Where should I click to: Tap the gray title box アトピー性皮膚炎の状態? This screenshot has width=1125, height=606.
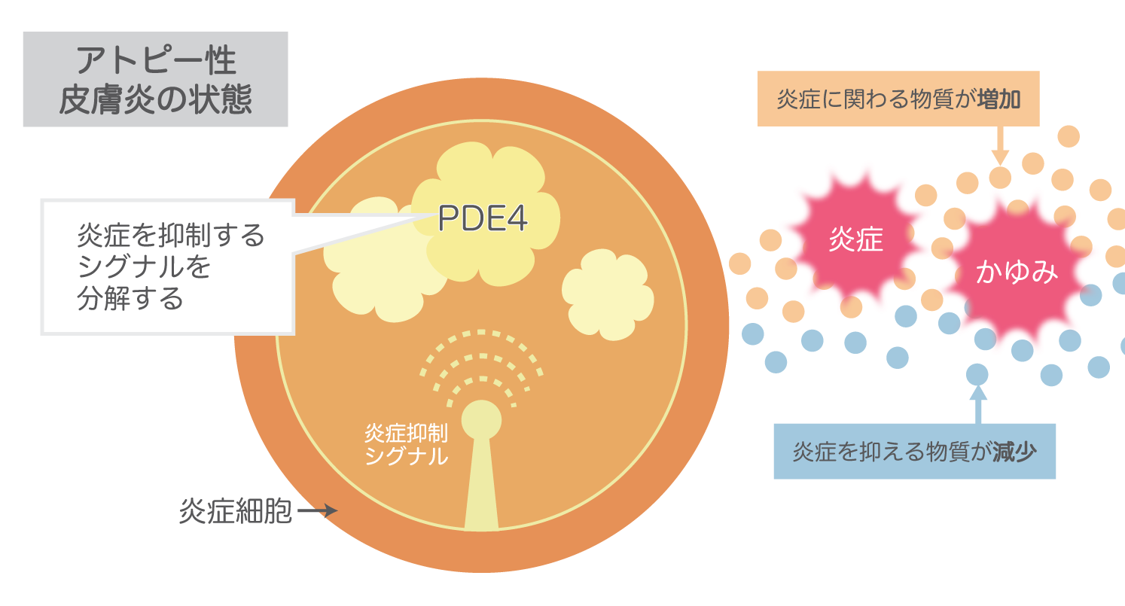click(156, 79)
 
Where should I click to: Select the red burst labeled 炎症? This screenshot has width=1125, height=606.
click(855, 239)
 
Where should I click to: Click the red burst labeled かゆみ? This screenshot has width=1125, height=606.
click(1017, 271)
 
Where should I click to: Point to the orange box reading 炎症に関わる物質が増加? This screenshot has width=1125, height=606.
click(898, 99)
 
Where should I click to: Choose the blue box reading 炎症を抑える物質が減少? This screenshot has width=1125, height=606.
click(914, 452)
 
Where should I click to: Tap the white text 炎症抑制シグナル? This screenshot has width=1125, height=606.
click(406, 444)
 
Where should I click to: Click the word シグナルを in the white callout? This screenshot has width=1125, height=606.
click(143, 267)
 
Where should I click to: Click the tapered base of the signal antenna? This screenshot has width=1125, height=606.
click(481, 489)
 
